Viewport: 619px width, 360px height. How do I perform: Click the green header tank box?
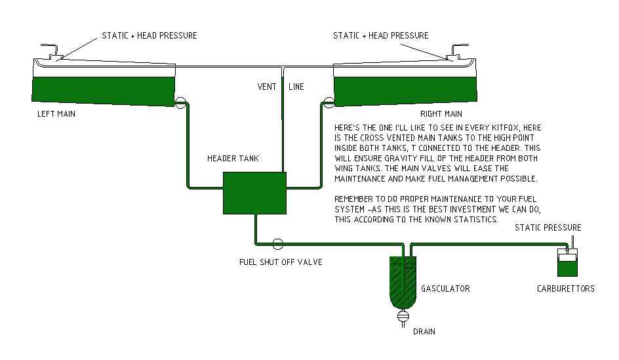pyautogui.click(x=254, y=191)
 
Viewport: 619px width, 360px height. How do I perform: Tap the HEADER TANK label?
pyautogui.click(x=233, y=159)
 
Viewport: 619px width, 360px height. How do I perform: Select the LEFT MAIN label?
pyautogui.click(x=56, y=114)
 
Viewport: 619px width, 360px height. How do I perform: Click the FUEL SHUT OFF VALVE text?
pyautogui.click(x=280, y=262)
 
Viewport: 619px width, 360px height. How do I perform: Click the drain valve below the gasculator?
pyautogui.click(x=404, y=317)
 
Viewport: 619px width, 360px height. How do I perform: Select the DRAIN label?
pyautogui.click(x=424, y=332)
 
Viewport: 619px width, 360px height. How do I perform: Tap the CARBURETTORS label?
pyautogui.click(x=566, y=289)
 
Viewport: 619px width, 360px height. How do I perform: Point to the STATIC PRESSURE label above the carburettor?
pyautogui.click(x=548, y=228)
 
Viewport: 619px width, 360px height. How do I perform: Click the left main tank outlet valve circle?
pyautogui.click(x=181, y=101)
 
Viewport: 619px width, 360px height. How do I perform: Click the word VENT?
pyautogui.click(x=266, y=87)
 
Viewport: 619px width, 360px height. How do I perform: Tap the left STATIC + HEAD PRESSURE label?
pyautogui.click(x=149, y=35)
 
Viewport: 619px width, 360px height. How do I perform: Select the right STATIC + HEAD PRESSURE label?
pyautogui.click(x=381, y=35)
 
